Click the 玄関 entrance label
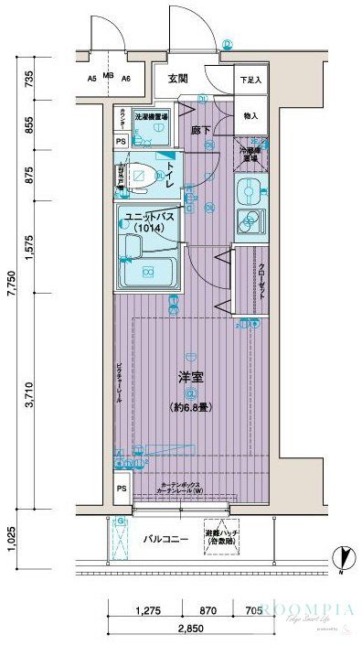177,79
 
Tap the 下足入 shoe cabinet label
250,81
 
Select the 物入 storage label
250,117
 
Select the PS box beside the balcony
122,490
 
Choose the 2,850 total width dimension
189,629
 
